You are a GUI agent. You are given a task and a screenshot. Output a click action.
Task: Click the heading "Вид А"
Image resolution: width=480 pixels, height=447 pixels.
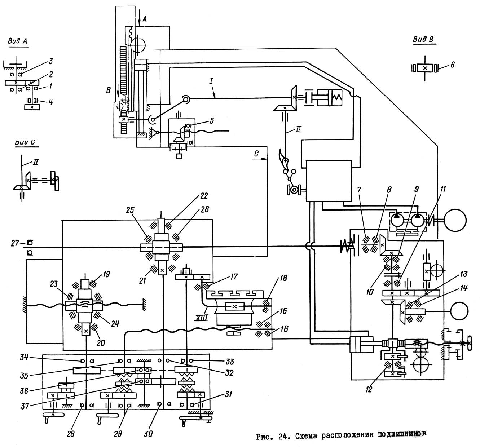(x=18, y=41)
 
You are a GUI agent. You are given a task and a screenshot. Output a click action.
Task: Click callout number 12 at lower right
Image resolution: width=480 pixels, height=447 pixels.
(x=369, y=389)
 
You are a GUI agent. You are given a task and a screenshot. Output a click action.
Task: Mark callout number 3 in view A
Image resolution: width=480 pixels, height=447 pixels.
(x=51, y=60)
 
